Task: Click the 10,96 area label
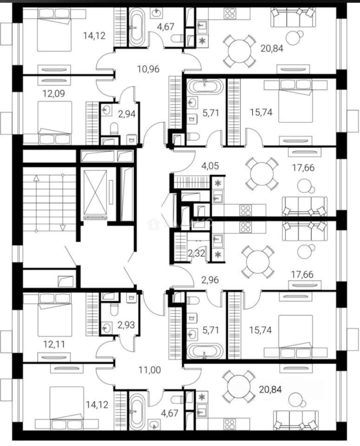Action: pyautogui.click(x=149, y=69)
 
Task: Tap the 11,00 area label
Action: pyautogui.click(x=149, y=370)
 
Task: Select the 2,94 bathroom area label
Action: pyautogui.click(x=127, y=114)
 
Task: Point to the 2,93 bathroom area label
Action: pyautogui.click(x=126, y=325)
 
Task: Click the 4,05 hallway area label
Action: pyautogui.click(x=210, y=166)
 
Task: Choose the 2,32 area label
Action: pyautogui.click(x=197, y=253)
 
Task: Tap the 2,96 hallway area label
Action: pyautogui.click(x=210, y=280)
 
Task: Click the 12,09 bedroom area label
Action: pyautogui.click(x=54, y=93)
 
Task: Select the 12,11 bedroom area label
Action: pyautogui.click(x=54, y=344)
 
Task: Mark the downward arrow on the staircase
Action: pyautogui.click(x=63, y=202)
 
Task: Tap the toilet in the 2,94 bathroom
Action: pyautogui.click(x=114, y=128)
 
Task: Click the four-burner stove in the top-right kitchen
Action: pyautogui.click(x=230, y=13)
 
